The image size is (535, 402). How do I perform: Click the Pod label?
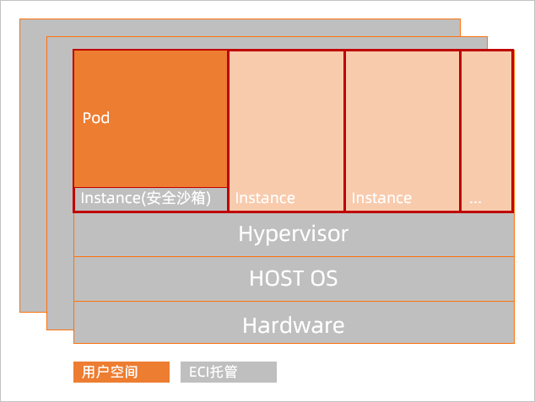pyautogui.click(x=96, y=118)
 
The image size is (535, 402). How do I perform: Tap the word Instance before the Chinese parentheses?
pyautogui.click(x=111, y=198)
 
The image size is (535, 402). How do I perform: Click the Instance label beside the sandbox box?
pyautogui.click(x=265, y=198)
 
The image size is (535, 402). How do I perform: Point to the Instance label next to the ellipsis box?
pyautogui.click(x=381, y=198)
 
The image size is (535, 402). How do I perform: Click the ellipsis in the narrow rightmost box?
pyautogui.click(x=475, y=202)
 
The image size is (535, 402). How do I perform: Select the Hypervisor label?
pyautogui.click(x=294, y=235)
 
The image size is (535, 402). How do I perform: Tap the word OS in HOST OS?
pyautogui.click(x=324, y=278)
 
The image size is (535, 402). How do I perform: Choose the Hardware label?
pyautogui.click(x=294, y=325)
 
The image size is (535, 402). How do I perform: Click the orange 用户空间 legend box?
pyautogui.click(x=122, y=372)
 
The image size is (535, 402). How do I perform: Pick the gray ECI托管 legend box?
pyautogui.click(x=229, y=372)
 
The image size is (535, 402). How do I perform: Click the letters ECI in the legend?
pyautogui.click(x=199, y=372)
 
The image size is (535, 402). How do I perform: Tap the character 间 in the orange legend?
pyautogui.click(x=132, y=372)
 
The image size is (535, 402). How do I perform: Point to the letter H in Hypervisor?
pyautogui.click(x=245, y=233)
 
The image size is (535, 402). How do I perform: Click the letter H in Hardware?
pyautogui.click(x=249, y=325)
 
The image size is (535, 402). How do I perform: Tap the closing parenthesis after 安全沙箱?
pyautogui.click(x=208, y=198)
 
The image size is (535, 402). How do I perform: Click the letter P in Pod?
pyautogui.click(x=87, y=118)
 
